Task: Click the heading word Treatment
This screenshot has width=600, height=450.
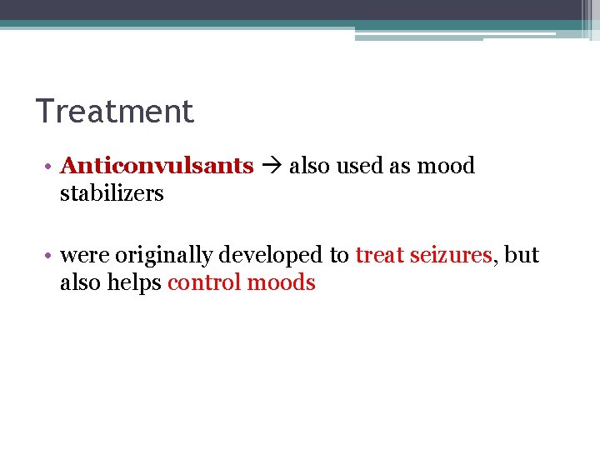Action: [115, 112]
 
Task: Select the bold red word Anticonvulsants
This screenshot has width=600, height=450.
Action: [157, 166]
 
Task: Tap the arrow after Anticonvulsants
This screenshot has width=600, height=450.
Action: [272, 167]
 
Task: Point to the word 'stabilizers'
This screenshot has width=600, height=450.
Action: [112, 193]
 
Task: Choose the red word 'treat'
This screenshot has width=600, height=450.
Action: [380, 255]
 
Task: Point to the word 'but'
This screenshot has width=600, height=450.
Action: [522, 255]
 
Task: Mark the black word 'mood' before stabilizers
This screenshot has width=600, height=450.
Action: [446, 166]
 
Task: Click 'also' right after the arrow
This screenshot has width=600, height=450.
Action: [309, 166]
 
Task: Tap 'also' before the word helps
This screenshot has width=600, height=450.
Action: [81, 282]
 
